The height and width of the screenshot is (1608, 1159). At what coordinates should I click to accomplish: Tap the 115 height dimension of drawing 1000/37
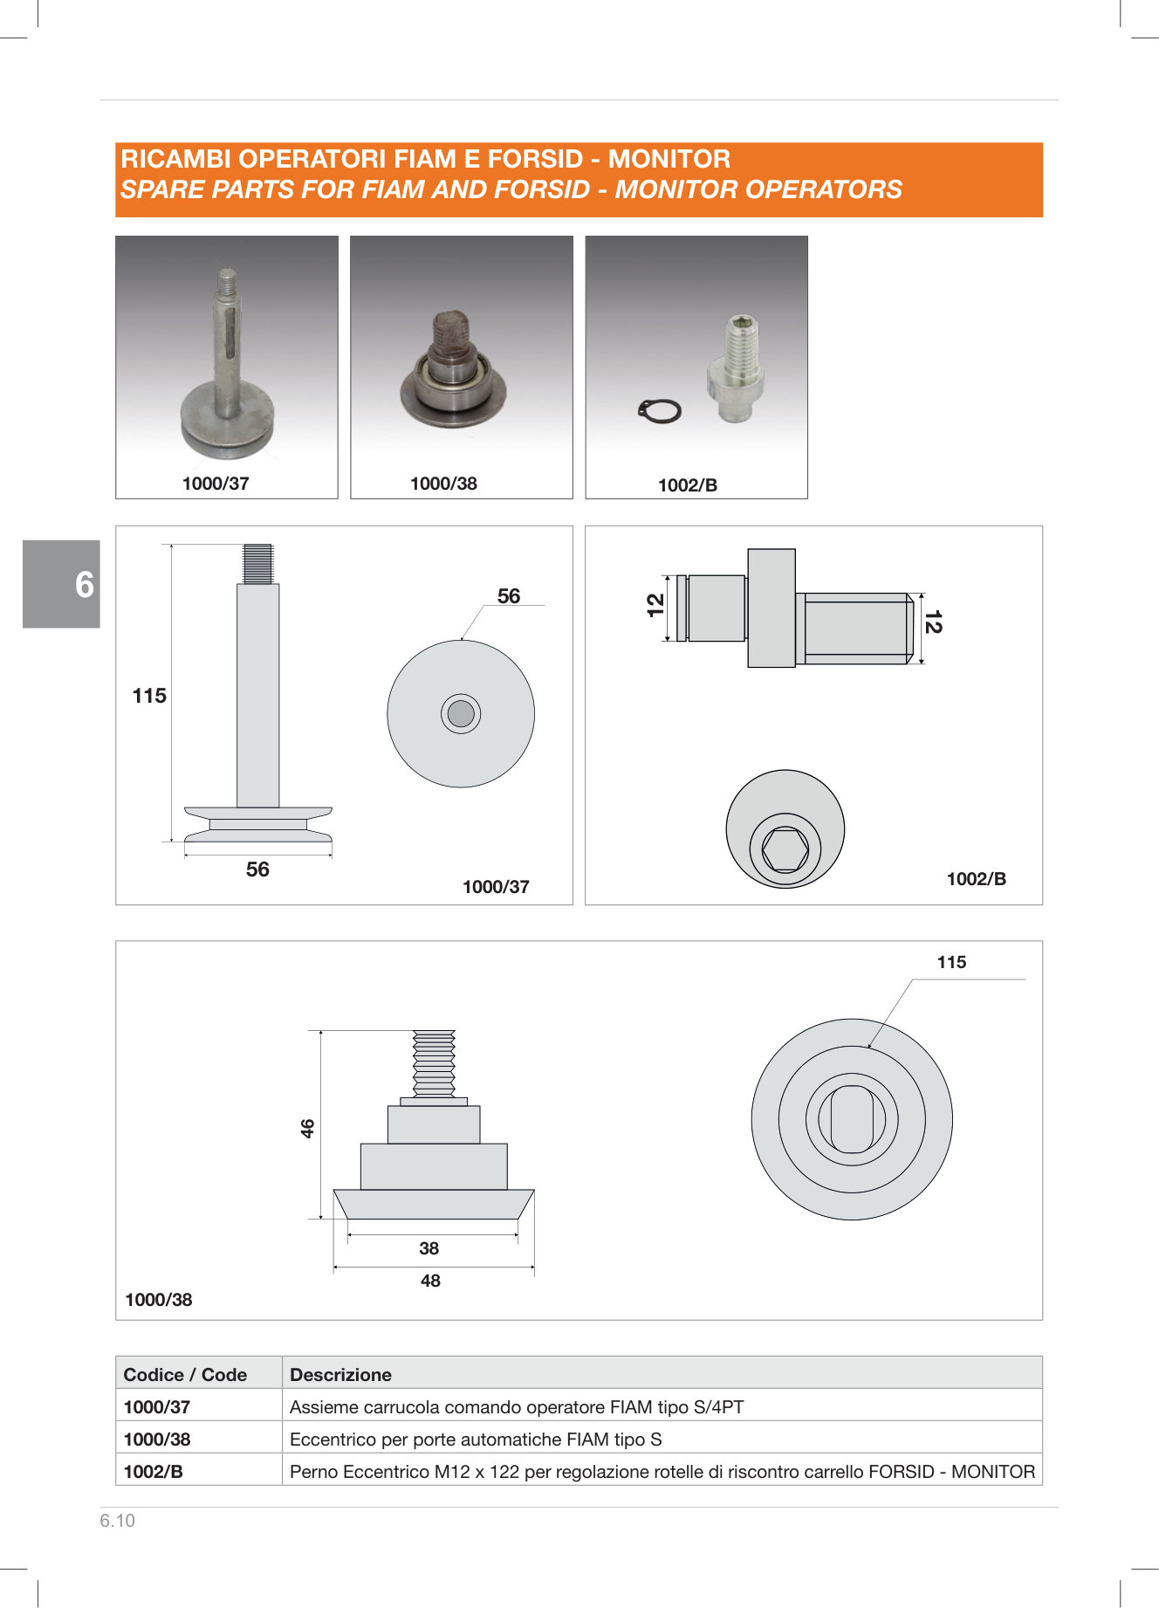point(149,696)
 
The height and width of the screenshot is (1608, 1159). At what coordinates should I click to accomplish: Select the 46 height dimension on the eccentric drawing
point(307,1128)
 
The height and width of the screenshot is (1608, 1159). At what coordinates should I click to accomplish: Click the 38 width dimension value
point(429,1248)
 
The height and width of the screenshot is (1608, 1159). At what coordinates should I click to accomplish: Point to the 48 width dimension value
point(430,1281)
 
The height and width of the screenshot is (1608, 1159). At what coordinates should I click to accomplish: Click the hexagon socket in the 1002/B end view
point(785,849)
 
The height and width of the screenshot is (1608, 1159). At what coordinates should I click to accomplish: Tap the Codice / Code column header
point(185,1375)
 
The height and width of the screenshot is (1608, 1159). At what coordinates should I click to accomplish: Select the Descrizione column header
point(340,1375)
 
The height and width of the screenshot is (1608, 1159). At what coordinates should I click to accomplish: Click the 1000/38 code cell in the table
point(157,1440)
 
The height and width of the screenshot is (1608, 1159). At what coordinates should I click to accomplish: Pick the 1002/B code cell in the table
point(154,1472)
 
